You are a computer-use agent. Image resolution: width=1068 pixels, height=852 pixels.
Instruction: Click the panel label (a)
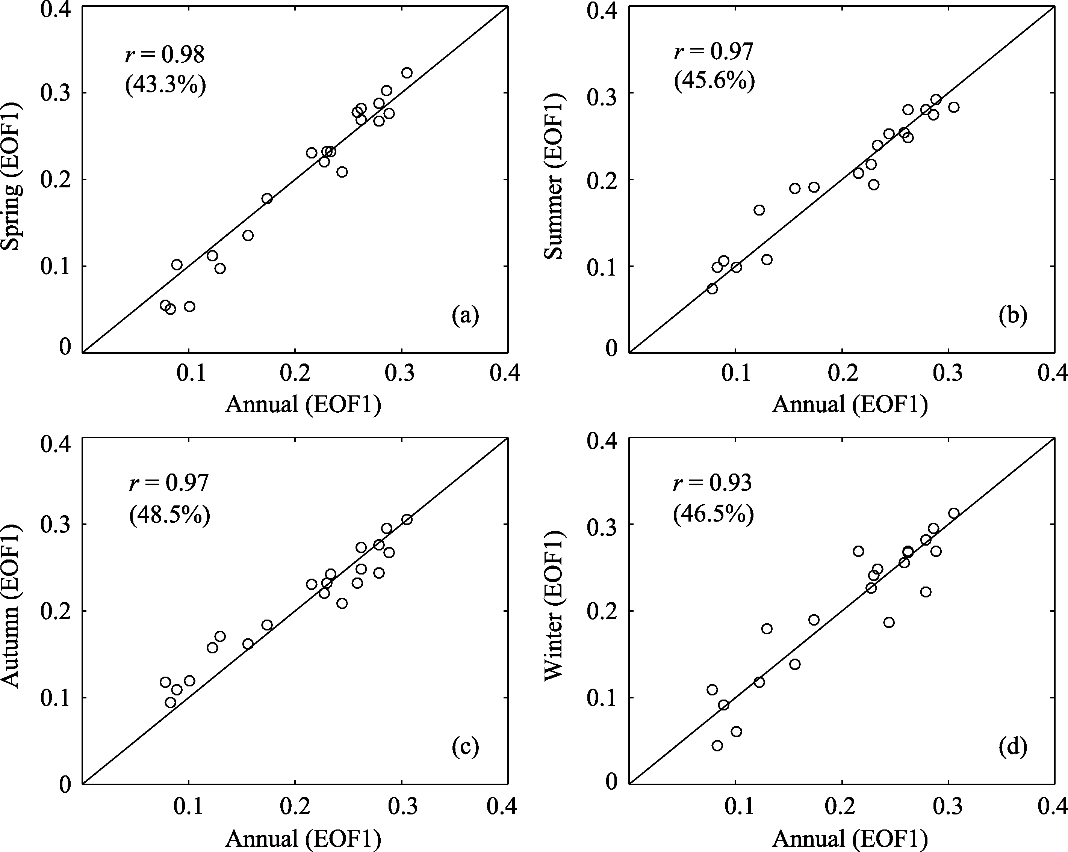(x=465, y=315)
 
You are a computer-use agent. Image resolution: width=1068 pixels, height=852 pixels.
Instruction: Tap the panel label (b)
(x=1012, y=315)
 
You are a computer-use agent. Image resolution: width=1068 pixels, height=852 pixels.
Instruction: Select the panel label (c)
(x=465, y=746)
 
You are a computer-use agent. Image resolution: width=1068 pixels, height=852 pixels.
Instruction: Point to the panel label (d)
(x=1012, y=746)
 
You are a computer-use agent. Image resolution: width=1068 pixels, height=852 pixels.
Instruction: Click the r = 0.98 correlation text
(x=165, y=54)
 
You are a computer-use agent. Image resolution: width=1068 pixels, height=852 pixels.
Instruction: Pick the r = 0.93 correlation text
(x=713, y=482)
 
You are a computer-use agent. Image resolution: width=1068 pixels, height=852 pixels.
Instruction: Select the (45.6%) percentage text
(x=714, y=81)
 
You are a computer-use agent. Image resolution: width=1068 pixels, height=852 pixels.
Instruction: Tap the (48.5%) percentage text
(x=169, y=515)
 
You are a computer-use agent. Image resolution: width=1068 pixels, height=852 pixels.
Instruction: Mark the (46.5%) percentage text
(x=713, y=514)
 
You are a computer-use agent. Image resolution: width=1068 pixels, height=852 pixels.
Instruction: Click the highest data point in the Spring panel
(x=407, y=73)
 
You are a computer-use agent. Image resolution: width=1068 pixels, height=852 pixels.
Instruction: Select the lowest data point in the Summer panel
(x=713, y=289)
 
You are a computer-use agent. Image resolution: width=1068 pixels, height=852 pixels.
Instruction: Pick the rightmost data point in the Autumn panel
(x=407, y=519)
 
